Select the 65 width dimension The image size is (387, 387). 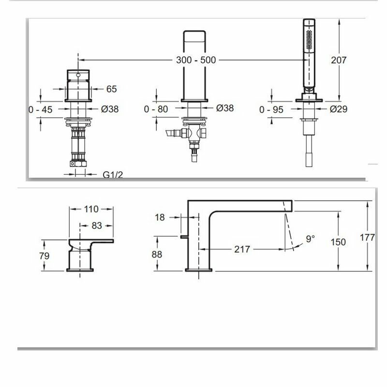point(112,89)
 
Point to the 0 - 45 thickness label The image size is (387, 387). point(41,109)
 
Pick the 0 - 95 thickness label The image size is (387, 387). point(271,110)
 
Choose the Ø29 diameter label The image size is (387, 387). point(339,109)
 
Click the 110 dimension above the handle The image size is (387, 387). point(91,209)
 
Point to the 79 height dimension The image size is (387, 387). point(44,255)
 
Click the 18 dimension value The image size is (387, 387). point(161,218)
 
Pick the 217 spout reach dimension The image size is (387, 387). point(241,249)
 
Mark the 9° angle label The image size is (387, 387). point(310,239)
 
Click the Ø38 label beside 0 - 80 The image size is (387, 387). point(224,108)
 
